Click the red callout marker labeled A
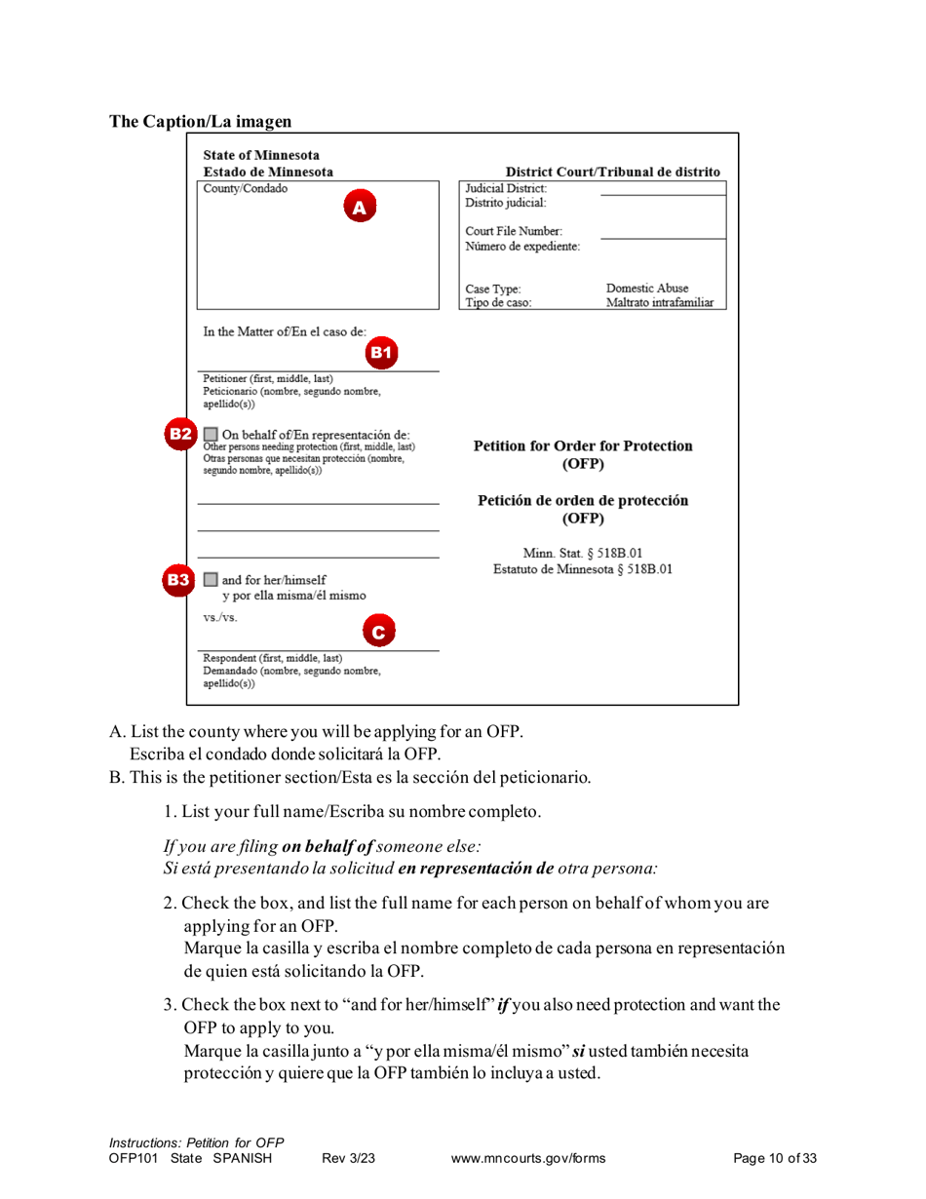click(358, 208)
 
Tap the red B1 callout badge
click(381, 352)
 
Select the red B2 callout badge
click(179, 433)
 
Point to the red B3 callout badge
click(179, 579)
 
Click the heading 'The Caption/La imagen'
click(200, 122)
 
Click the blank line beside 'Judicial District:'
click(663, 190)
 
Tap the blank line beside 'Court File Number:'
click(663, 234)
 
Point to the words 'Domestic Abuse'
click(647, 289)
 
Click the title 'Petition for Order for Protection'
click(583, 445)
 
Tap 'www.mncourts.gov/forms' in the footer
click(528, 1158)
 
